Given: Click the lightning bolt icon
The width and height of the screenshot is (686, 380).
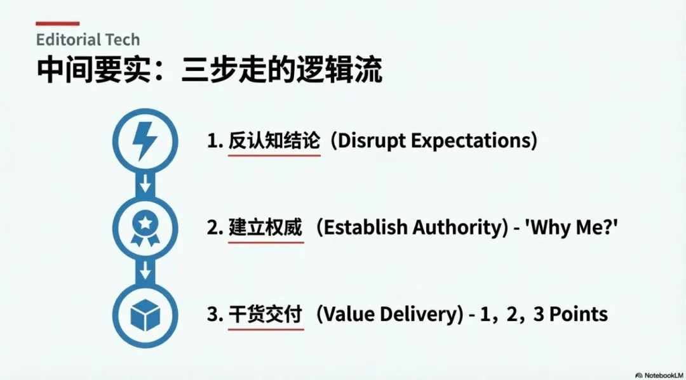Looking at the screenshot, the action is click(x=145, y=141).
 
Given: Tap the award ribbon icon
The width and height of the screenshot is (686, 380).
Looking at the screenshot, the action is click(x=145, y=228).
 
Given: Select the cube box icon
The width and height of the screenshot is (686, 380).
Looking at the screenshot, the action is click(x=145, y=315).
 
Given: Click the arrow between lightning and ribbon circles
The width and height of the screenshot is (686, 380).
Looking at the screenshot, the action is click(x=145, y=183).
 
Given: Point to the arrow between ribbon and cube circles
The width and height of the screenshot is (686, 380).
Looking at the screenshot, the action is click(x=145, y=271).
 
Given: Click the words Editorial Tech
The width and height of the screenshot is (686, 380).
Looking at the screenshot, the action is click(x=88, y=40).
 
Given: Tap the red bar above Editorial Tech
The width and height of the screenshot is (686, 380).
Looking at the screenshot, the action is click(x=58, y=23).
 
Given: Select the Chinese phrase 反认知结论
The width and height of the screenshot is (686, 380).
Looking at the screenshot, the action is click(x=274, y=141).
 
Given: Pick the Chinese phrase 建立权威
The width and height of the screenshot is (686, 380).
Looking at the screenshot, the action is click(x=266, y=228).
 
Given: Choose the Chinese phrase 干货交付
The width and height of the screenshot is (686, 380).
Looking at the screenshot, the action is click(x=266, y=315).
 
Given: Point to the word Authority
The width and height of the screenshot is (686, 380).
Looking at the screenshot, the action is click(x=459, y=228).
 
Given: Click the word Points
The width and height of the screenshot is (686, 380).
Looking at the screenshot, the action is click(x=579, y=315).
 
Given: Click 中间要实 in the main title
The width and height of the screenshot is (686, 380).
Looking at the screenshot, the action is click(x=93, y=69).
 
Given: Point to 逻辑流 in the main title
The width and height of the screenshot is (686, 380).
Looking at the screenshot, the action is click(x=340, y=69).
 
